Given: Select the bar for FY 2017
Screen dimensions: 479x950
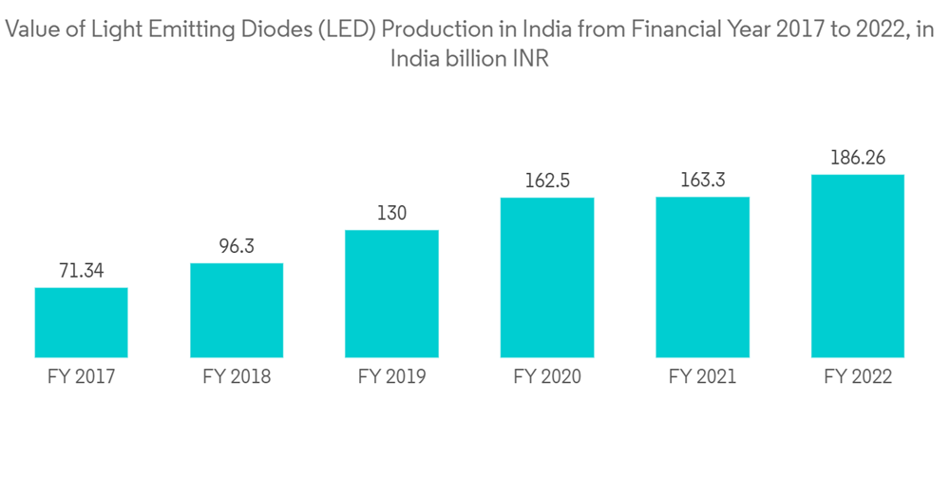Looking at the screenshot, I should [x=82, y=322].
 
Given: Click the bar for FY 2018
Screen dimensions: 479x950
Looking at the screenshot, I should [x=237, y=310].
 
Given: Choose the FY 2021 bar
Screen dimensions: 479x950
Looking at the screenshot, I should [x=703, y=277].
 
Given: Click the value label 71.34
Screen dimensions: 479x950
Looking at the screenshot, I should [x=81, y=272].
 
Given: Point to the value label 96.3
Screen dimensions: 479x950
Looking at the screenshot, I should [x=237, y=247].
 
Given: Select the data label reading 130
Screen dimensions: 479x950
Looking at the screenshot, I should [x=391, y=214].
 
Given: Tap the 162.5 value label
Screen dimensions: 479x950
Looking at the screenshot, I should [x=547, y=182].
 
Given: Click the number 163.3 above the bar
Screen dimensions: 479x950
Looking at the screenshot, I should [x=703, y=181].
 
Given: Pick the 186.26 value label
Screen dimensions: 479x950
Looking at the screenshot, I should [x=858, y=159].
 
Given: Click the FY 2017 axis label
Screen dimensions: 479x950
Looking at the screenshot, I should [x=81, y=377].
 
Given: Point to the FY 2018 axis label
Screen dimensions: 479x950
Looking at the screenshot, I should [x=237, y=377].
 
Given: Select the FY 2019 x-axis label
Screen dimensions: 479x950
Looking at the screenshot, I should [x=391, y=377].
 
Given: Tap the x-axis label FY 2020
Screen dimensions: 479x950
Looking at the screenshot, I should [x=547, y=377].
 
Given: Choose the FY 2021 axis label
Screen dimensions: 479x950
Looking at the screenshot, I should [x=703, y=377].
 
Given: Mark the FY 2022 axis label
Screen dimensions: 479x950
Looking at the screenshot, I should [x=858, y=377].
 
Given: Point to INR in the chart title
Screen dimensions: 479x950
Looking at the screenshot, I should [x=531, y=59].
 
